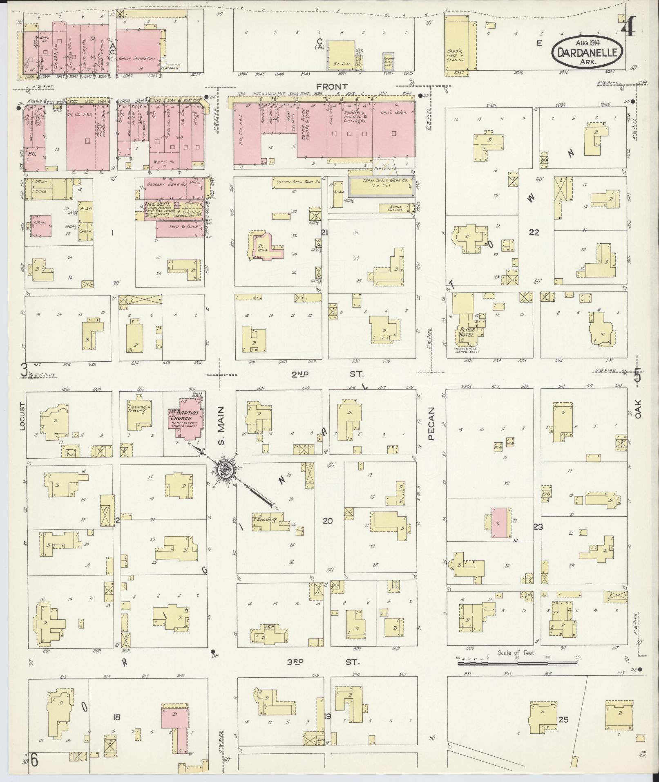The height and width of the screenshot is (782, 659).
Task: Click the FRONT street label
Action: (331, 87)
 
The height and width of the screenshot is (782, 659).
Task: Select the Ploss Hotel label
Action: (466, 332)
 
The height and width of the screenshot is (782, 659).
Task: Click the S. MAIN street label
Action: (221, 426)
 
